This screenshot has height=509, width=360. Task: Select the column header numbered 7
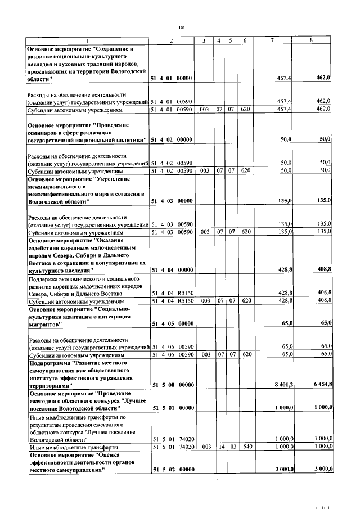pos(272,41)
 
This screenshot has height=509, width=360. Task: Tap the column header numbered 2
pos(171,41)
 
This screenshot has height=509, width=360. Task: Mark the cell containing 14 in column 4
pos(220,447)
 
